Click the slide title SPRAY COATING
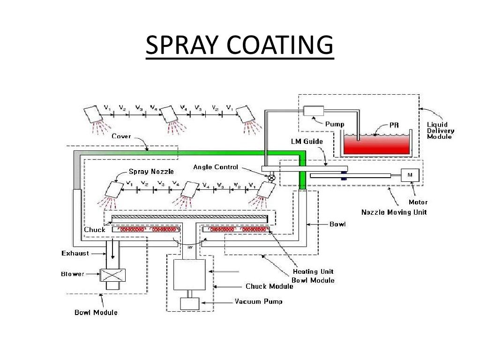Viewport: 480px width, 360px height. pos(240,46)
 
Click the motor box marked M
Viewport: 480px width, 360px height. pos(410,174)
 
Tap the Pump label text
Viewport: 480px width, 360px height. pos(335,125)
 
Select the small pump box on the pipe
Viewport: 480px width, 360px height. pos(313,111)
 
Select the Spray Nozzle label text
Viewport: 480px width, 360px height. pos(145,172)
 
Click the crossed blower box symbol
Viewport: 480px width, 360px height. pos(112,275)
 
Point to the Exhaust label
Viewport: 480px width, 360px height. pos(75,254)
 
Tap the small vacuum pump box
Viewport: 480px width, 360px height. pos(189,303)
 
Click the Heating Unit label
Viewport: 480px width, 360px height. pos(313,271)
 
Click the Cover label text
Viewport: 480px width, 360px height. pos(121,136)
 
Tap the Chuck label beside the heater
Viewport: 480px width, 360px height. pos(95,230)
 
